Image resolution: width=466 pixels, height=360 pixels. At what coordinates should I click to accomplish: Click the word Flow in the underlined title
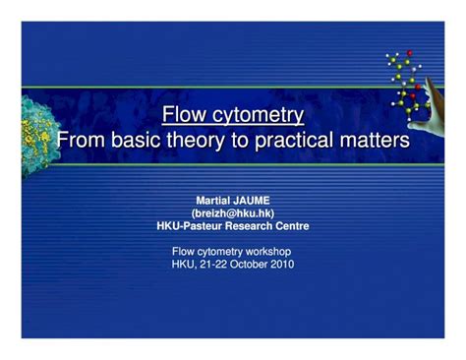pyautogui.click(x=183, y=115)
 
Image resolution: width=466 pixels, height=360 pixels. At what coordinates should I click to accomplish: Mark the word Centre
pyautogui.click(x=292, y=225)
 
